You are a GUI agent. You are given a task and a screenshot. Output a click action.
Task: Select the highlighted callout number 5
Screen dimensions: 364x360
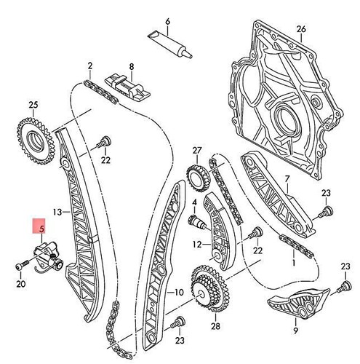[41, 229]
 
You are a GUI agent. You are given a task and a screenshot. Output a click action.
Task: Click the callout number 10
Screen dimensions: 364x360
[175, 293]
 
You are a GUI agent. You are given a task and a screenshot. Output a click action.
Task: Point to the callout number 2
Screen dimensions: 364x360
[89, 66]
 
